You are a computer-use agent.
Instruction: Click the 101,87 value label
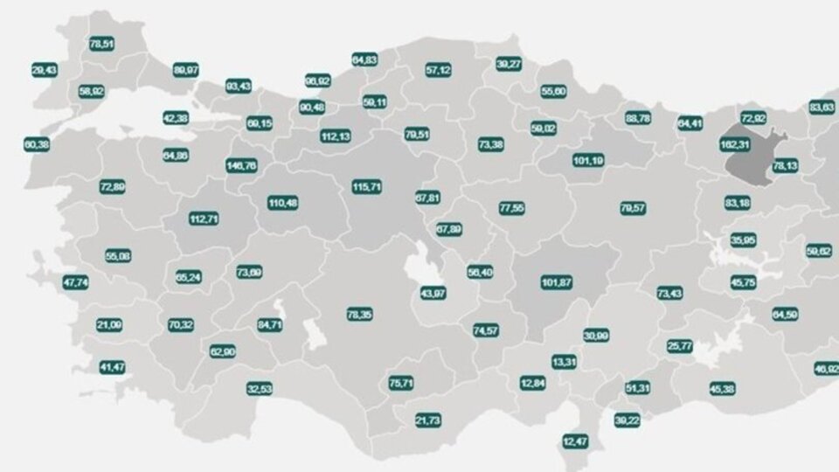point(557,282)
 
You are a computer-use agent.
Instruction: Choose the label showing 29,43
point(44,70)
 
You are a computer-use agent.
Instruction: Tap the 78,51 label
point(102,42)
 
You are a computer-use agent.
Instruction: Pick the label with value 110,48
point(282,203)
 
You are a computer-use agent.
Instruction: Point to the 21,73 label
point(427,420)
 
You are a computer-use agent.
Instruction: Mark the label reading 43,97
point(433,292)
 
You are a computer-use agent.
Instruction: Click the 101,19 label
point(587,161)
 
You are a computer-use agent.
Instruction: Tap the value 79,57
point(633,208)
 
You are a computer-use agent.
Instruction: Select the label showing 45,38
point(722,388)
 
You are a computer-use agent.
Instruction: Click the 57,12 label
point(438,69)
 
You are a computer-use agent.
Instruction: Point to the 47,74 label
point(76,283)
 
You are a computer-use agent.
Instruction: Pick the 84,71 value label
point(269,325)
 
